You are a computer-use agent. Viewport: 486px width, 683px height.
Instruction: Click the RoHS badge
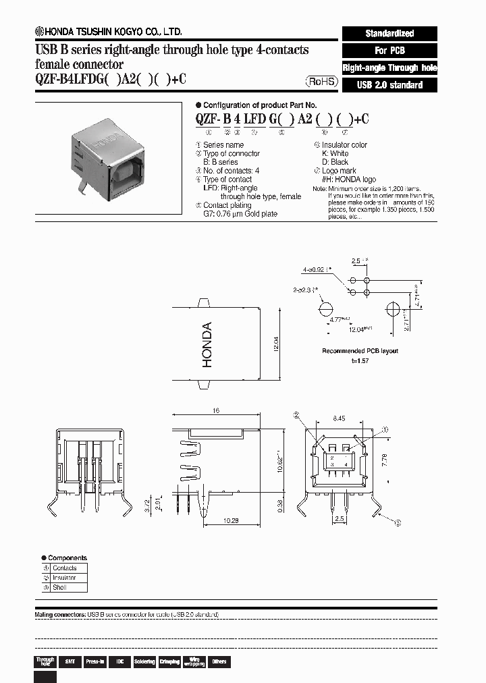point(319,82)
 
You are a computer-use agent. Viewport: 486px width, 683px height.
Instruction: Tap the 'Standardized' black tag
point(389,33)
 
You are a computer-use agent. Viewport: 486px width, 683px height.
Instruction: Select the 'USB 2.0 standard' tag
point(389,85)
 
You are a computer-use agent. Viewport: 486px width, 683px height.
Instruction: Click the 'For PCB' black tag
point(389,51)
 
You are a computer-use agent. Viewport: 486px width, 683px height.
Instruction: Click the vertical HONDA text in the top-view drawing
point(207,345)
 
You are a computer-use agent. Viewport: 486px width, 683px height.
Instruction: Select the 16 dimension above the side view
point(216,410)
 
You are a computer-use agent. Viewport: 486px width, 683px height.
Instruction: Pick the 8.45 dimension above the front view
point(340,418)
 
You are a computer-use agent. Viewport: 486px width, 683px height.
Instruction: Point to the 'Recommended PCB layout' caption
point(360,351)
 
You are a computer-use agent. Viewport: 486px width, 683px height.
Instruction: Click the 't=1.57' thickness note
point(360,360)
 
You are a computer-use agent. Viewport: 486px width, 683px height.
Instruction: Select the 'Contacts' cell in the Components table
point(64,568)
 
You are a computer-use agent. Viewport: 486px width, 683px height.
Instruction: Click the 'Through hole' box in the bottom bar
point(45,661)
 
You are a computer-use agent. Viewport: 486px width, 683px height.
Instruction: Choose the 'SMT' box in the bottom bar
point(70,661)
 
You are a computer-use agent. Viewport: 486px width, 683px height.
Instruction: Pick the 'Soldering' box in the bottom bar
point(144,661)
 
